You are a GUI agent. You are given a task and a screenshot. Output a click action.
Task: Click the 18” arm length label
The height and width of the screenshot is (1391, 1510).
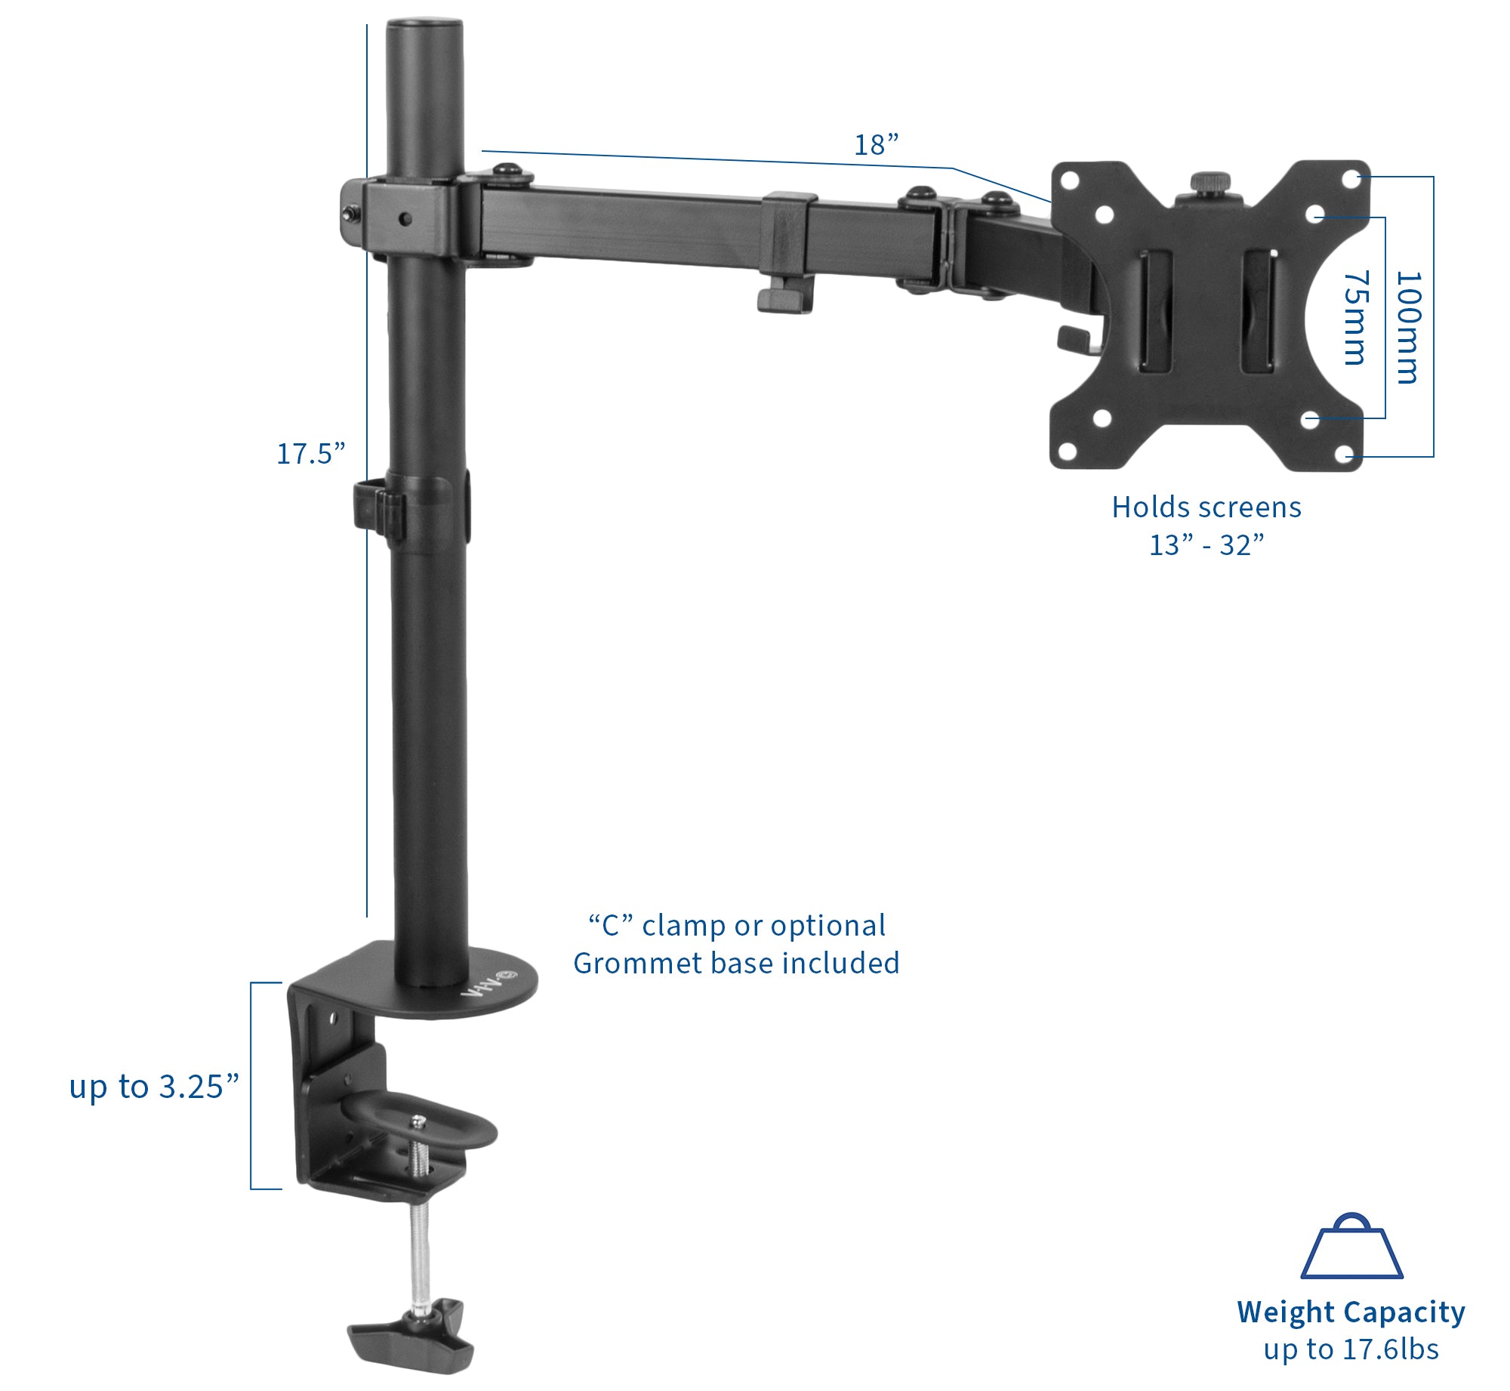pos(876,144)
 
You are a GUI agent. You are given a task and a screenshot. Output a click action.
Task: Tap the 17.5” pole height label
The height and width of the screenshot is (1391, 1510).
pos(310,454)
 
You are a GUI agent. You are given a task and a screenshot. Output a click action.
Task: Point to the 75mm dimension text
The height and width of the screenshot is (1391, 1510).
pos(1356,318)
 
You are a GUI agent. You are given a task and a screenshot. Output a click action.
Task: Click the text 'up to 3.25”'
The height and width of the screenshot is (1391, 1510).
pos(154,1087)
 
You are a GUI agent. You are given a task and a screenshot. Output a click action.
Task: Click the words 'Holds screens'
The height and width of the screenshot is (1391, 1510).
pos(1206,507)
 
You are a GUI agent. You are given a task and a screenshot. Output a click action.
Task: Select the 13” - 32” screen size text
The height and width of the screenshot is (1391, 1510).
pos(1206,544)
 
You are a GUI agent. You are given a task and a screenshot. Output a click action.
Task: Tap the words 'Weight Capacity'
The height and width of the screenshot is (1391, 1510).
pos(1350,1312)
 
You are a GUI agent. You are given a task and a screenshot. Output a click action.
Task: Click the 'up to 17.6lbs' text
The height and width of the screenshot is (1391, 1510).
pos(1351,1349)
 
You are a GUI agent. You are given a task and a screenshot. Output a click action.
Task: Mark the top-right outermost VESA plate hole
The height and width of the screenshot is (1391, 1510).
pos(1351,180)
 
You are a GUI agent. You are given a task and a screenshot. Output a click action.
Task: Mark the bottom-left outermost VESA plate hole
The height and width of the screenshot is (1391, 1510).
pos(1068,452)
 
